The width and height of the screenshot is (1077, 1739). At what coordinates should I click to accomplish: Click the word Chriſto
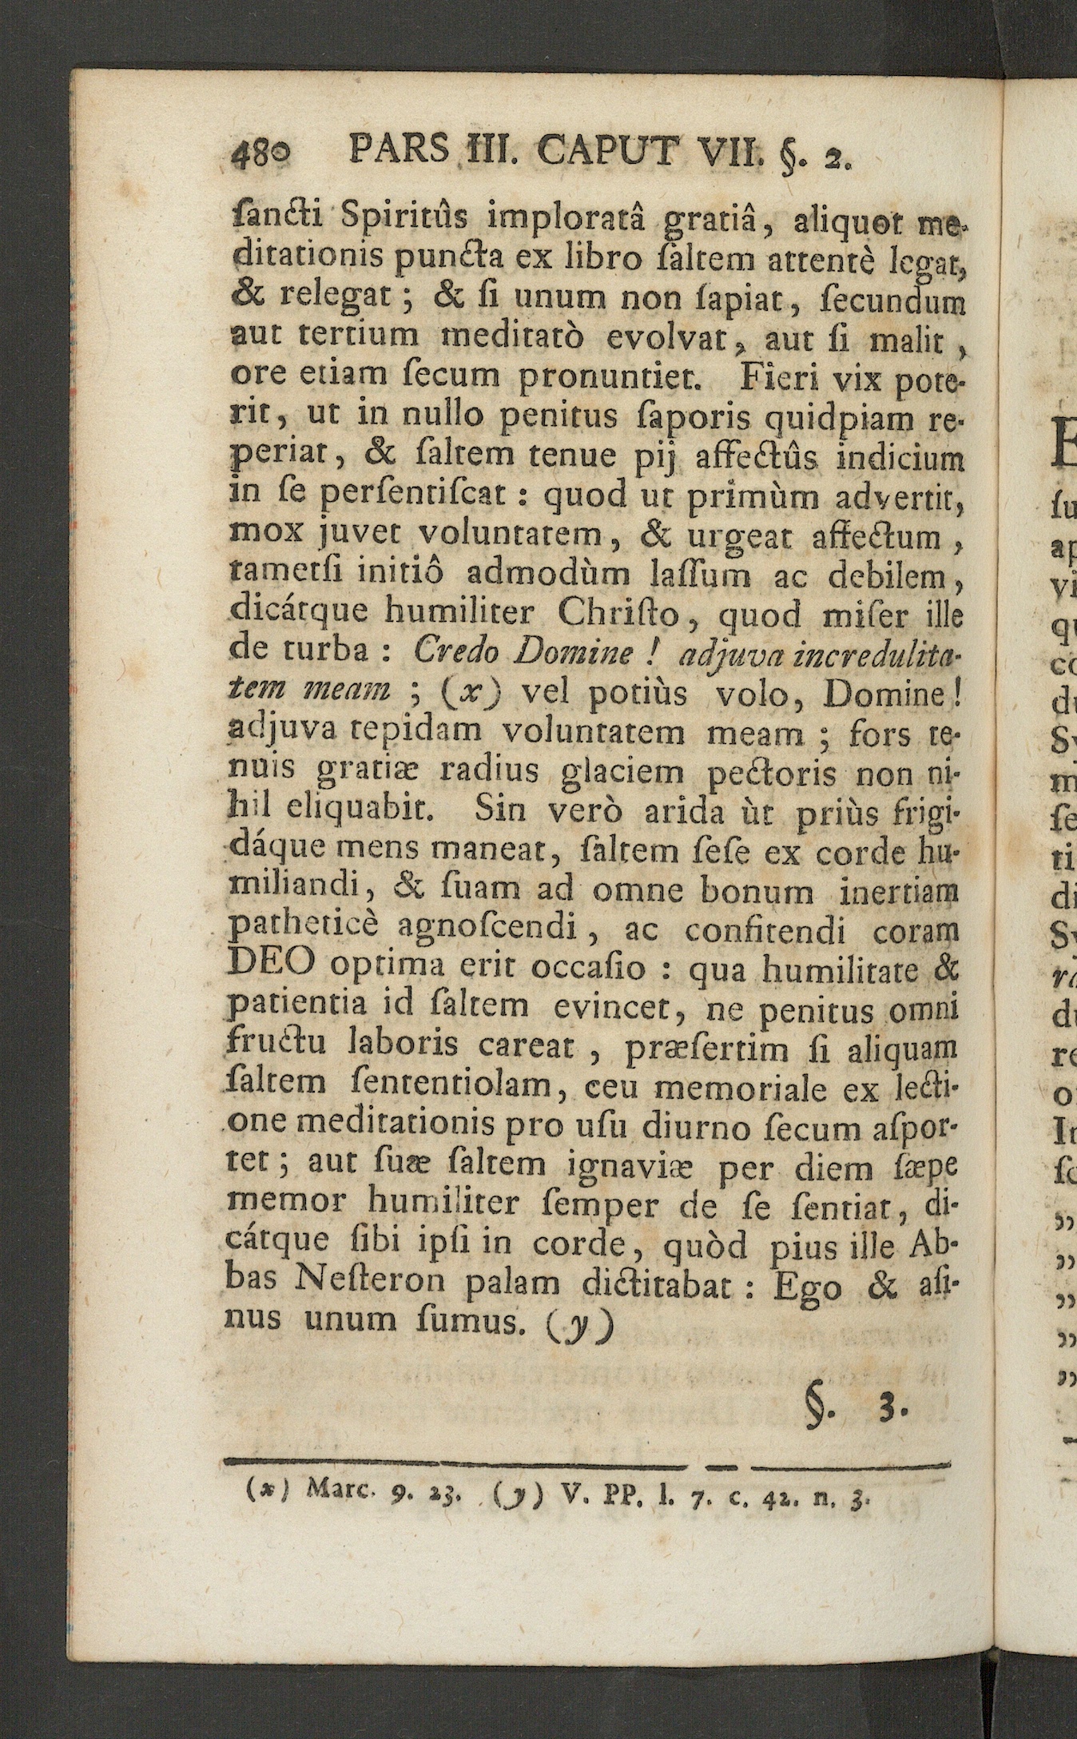pyautogui.click(x=620, y=612)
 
